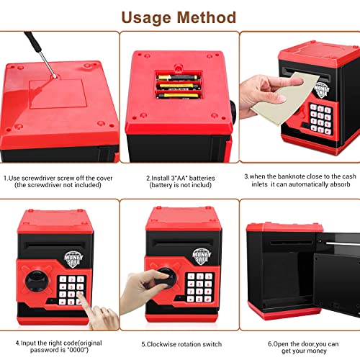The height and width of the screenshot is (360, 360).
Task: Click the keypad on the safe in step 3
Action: pos(320,117)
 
